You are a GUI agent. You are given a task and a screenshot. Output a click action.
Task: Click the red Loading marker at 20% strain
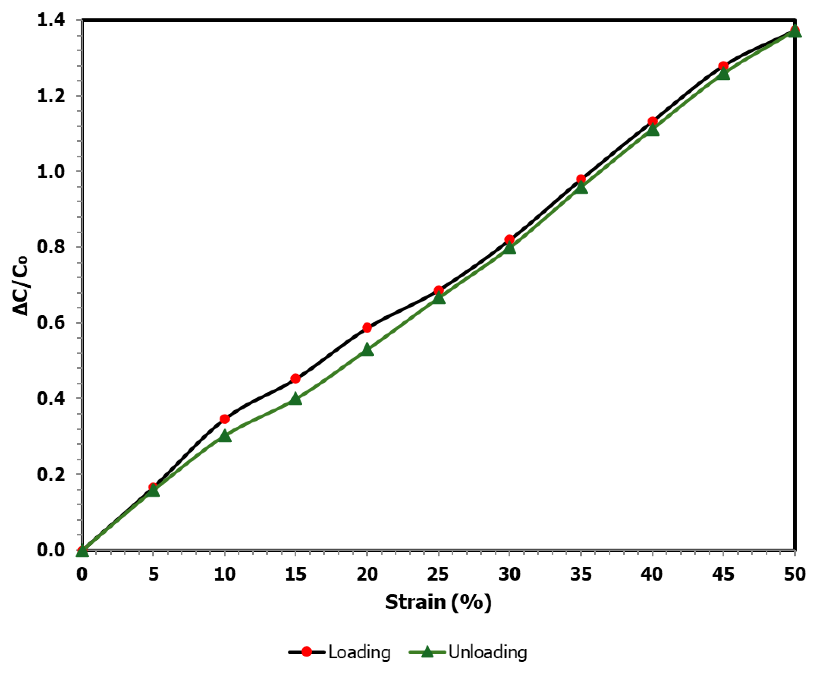coord(367,328)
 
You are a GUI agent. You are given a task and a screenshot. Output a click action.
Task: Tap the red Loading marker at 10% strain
coord(225,419)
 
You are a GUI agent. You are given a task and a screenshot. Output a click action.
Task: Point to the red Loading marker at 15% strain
coord(296,379)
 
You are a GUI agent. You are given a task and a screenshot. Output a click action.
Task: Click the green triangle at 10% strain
coord(225,436)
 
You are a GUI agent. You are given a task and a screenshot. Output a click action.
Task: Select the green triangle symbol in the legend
coord(427,651)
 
